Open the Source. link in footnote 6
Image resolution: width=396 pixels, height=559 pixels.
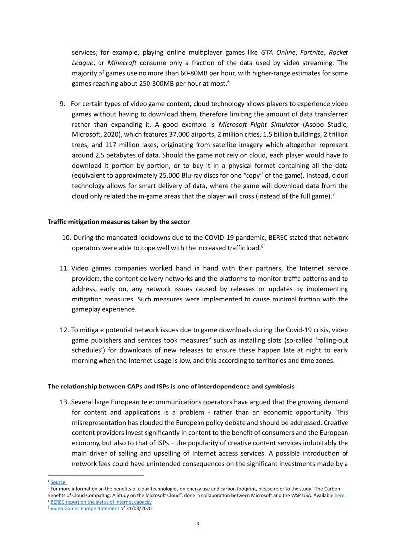click(x=58, y=482)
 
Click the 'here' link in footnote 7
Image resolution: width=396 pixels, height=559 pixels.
click(x=339, y=495)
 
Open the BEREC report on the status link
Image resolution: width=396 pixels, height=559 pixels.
click(x=101, y=502)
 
